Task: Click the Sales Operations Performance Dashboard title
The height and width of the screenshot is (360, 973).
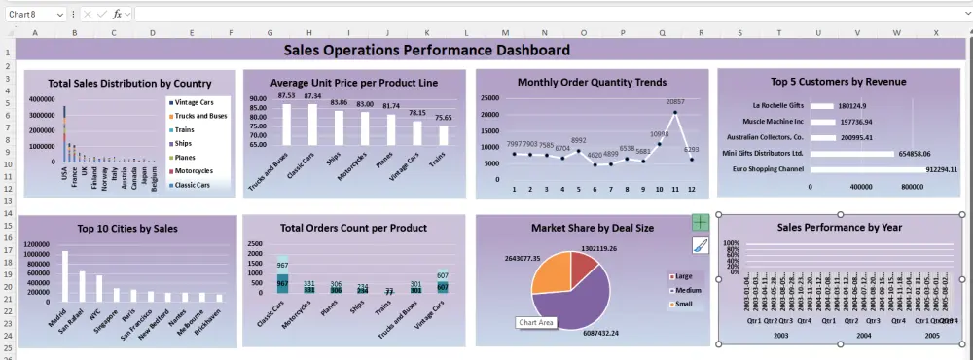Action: click(426, 50)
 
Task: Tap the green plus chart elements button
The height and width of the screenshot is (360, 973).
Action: click(701, 223)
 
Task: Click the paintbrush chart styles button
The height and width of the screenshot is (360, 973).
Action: click(701, 245)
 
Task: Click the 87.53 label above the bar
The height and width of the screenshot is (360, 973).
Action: click(286, 95)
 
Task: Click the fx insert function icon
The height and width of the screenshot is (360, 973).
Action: click(118, 14)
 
